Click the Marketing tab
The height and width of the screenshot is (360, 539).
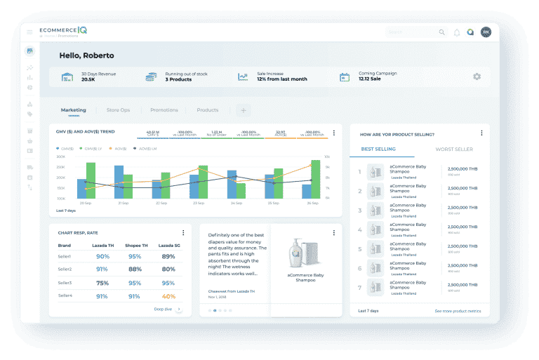click(73, 110)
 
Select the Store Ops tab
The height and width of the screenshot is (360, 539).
click(118, 110)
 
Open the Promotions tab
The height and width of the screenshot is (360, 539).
click(164, 110)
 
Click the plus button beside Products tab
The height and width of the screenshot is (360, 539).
click(244, 110)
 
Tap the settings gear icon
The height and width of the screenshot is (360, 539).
click(477, 76)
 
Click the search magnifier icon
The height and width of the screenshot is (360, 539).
click(441, 32)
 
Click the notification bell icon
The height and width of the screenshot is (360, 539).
click(457, 32)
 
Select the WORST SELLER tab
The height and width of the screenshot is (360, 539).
click(454, 149)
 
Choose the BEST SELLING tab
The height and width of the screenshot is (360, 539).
click(378, 149)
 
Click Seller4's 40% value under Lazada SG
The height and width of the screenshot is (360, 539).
click(168, 296)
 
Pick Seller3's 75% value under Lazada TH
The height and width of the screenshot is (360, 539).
click(102, 283)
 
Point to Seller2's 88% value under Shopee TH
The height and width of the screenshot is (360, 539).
click(135, 269)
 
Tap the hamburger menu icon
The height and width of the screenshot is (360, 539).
click(29, 32)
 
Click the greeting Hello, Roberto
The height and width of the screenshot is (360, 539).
click(86, 55)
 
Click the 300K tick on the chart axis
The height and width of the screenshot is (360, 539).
click(61, 156)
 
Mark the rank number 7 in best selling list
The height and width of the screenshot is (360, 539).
click(359, 288)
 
